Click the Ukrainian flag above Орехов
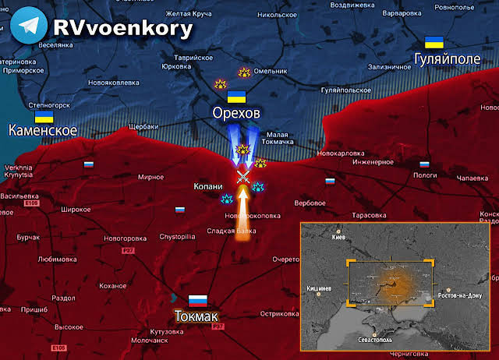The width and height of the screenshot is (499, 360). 236,97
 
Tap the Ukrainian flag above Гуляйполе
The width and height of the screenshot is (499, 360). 434,43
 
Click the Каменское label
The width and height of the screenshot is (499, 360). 43,131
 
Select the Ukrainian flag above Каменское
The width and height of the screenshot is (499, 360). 44,116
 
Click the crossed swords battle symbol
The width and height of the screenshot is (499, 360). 243,178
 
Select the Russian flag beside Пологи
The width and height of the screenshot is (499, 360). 424,164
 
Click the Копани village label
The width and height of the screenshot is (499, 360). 208,187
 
